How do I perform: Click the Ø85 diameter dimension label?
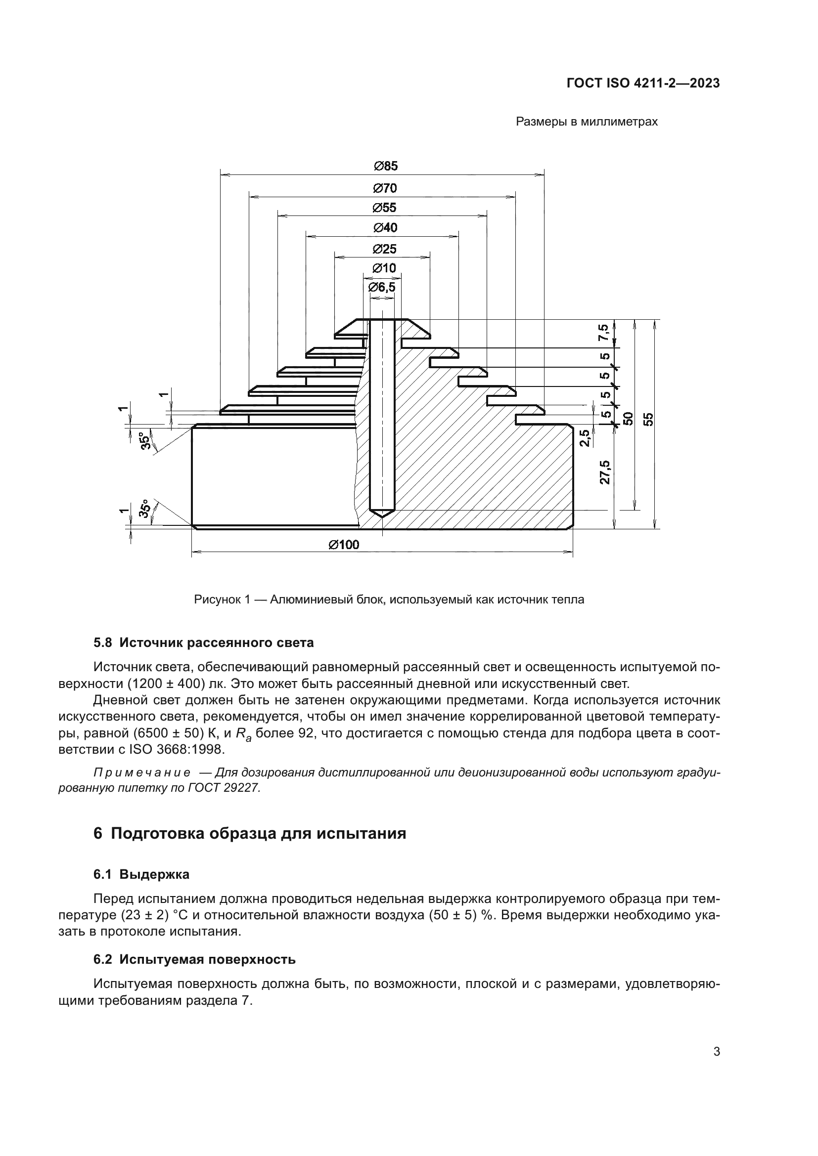(385, 166)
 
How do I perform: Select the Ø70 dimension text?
(385, 188)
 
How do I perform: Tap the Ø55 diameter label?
(384, 208)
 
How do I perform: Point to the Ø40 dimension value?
(385, 228)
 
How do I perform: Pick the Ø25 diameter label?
(384, 249)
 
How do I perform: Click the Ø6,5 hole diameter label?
(382, 288)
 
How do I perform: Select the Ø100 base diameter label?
(344, 545)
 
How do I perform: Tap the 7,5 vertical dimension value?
(603, 333)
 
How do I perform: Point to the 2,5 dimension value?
(585, 437)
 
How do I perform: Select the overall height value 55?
(649, 419)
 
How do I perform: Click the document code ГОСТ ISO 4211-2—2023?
(643, 84)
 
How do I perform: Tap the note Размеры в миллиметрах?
(587, 122)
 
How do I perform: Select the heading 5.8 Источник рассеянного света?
(203, 643)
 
